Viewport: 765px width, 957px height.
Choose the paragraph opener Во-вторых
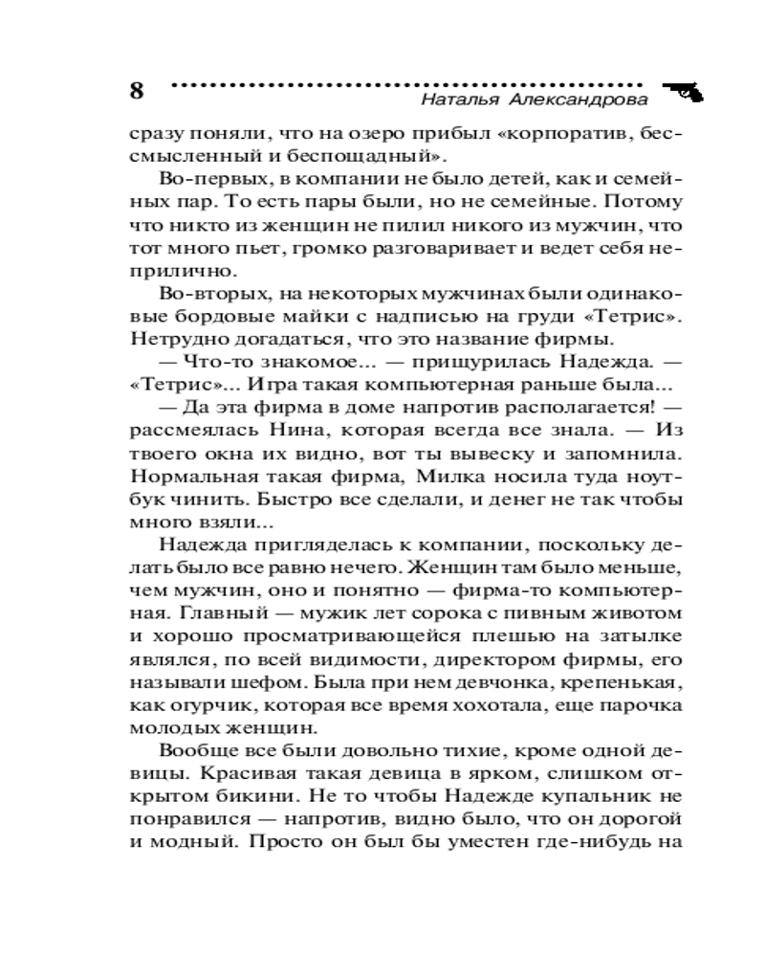(x=201, y=294)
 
